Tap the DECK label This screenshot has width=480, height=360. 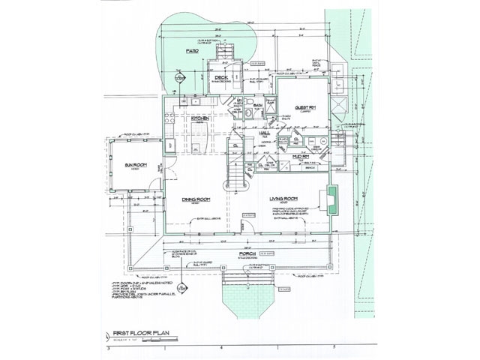pos(221,78)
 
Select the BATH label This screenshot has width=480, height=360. pos(256,106)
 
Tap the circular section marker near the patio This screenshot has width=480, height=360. pos(180,73)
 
